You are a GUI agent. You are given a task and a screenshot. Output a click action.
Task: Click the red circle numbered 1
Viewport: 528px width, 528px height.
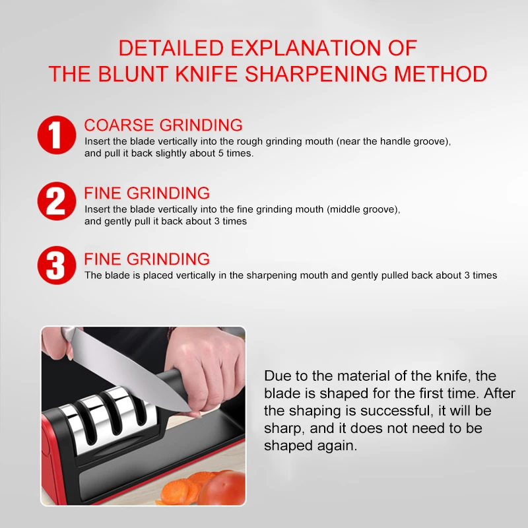57,135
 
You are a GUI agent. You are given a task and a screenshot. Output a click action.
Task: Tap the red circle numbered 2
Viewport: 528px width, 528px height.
57,201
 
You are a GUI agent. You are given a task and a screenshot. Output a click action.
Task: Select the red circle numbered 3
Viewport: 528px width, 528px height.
57,265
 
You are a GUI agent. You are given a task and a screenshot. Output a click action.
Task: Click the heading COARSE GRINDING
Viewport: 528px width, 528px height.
163,125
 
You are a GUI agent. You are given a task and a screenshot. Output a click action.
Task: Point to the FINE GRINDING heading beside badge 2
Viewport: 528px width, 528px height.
147,193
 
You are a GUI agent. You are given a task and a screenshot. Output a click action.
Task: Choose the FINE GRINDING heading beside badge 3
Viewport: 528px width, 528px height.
147,259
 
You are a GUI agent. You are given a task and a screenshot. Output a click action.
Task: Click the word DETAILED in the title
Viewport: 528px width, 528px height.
172,48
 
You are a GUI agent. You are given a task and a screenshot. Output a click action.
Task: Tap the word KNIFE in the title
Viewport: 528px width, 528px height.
207,74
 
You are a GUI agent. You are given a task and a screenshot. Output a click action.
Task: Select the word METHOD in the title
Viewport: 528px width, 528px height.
441,74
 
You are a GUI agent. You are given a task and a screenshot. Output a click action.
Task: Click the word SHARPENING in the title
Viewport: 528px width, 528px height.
316,74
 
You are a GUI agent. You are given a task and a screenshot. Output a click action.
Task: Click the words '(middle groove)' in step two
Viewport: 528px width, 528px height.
363,209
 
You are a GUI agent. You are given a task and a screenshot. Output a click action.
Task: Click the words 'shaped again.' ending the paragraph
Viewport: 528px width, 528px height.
310,446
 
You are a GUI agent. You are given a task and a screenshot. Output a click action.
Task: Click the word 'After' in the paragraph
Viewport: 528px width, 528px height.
500,393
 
